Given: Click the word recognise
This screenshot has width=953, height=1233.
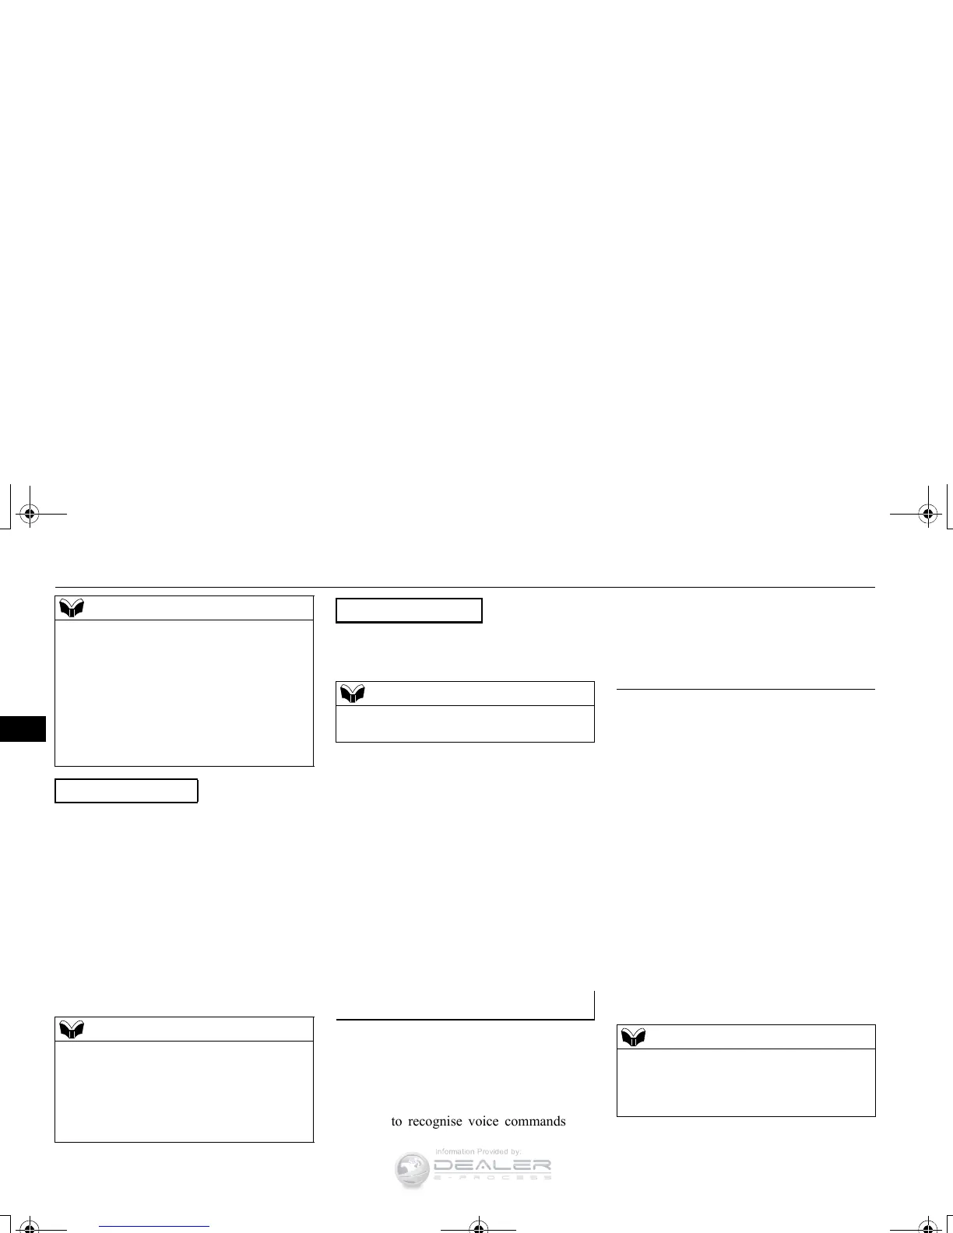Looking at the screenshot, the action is (434, 1122).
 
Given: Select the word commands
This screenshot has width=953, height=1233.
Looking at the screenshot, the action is (536, 1122).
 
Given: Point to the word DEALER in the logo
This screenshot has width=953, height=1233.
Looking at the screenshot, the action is (492, 1165).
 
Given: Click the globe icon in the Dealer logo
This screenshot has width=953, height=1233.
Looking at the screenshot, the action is (413, 1170).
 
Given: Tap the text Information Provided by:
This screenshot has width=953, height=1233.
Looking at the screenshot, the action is (477, 1151).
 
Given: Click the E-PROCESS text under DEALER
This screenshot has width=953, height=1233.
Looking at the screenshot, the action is (492, 1178).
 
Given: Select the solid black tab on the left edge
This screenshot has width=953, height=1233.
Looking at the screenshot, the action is (23, 729).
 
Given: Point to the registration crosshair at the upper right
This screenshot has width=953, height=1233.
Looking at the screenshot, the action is (927, 513).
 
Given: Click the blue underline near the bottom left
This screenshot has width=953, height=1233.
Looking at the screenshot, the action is (155, 1226).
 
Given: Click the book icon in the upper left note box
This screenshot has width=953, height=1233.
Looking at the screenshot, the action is (71, 609).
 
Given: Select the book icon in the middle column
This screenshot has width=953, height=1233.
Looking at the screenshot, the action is (353, 694).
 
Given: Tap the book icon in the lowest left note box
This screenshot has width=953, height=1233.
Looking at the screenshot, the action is (71, 1029).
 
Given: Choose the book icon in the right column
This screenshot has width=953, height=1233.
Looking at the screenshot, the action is (634, 1037).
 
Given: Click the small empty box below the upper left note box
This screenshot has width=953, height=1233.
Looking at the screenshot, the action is (126, 790).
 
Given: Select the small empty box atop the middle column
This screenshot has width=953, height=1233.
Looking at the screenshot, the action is (409, 610).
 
